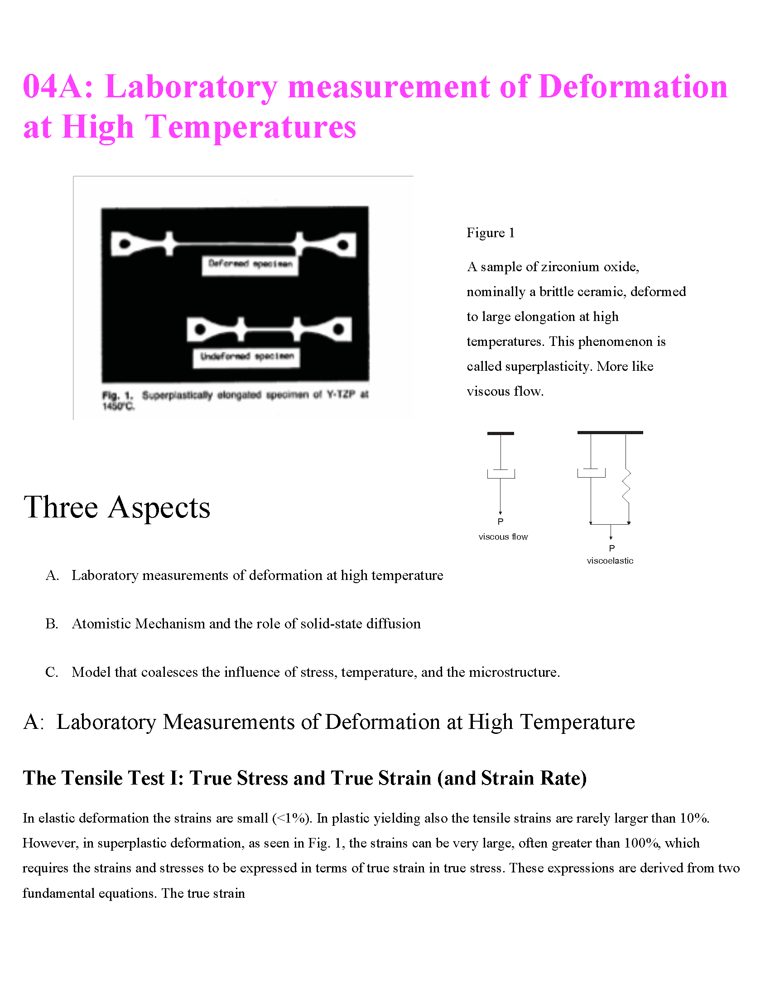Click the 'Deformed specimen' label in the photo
[250, 264]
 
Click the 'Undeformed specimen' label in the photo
[247, 357]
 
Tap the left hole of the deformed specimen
[124, 244]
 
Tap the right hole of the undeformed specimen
[338, 329]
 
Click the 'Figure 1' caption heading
[491, 233]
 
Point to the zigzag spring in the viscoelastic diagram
[626, 486]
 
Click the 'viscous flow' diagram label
[503, 537]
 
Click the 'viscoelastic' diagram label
[610, 561]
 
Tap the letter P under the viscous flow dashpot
[500, 522]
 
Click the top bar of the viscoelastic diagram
[610, 432]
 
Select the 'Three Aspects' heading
[117, 508]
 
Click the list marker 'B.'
[52, 624]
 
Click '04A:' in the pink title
[58, 86]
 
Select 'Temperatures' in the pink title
[250, 127]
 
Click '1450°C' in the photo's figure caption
[118, 407]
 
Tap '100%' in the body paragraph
[642, 843]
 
